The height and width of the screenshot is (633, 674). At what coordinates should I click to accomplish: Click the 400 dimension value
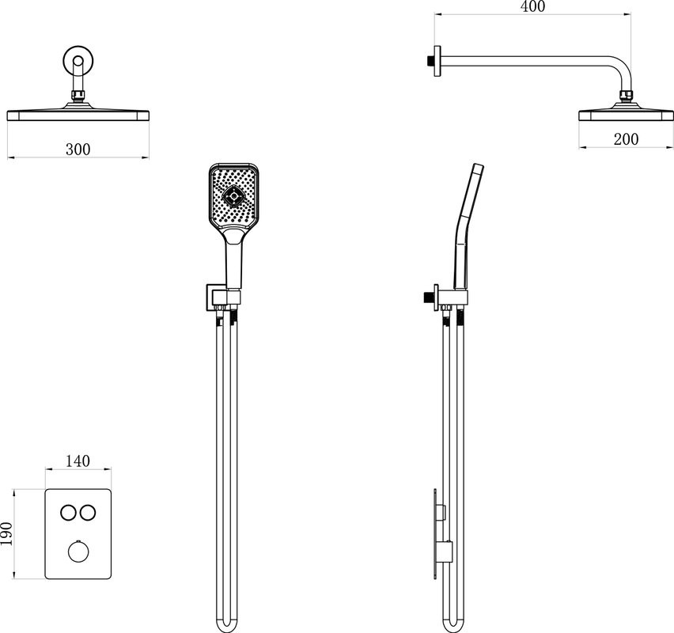point(532,6)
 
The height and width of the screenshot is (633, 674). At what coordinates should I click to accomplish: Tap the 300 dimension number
point(78,150)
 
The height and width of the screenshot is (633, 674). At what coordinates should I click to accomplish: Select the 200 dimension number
point(626,139)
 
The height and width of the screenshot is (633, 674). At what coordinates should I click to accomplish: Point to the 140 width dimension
point(78,461)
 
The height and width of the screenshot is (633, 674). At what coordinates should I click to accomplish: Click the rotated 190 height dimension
point(7,533)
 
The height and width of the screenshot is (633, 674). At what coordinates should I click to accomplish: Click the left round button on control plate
point(68,513)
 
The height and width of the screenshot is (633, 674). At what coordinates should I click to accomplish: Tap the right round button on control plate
point(88,513)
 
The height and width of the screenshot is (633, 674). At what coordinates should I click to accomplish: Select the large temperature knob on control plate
point(78,552)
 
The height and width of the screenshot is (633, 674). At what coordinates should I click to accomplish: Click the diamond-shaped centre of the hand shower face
point(234,196)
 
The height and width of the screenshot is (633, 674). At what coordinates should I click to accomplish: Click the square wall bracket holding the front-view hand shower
point(212,298)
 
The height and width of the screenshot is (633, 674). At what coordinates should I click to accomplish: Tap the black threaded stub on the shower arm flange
point(430,61)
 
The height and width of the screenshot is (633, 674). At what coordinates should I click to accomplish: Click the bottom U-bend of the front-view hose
point(226,627)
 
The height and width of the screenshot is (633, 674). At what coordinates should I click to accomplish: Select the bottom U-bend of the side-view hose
point(453,627)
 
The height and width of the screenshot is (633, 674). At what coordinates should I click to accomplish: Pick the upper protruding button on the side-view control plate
point(441,512)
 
